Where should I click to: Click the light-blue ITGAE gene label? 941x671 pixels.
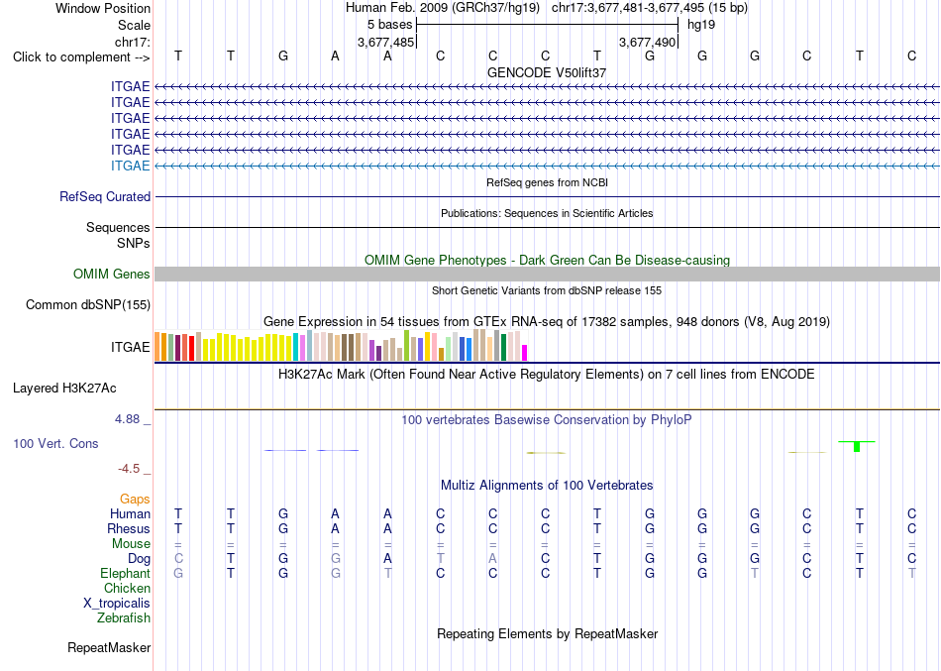click(x=130, y=166)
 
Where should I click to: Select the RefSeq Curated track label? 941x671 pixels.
click(x=105, y=196)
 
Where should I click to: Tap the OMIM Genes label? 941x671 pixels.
click(x=112, y=274)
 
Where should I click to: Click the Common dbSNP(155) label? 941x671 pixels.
click(x=88, y=304)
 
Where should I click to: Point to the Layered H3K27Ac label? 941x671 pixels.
click(x=64, y=389)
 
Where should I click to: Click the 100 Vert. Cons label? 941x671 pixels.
click(x=55, y=443)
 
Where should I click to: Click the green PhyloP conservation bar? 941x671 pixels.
click(x=857, y=446)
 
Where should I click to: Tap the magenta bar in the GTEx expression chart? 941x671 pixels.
click(x=525, y=353)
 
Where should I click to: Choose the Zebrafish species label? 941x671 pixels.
click(x=124, y=617)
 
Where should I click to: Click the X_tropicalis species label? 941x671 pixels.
click(x=117, y=604)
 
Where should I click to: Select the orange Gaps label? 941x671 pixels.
click(x=135, y=500)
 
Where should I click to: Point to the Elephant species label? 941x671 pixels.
click(x=125, y=573)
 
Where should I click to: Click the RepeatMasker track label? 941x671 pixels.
click(x=109, y=647)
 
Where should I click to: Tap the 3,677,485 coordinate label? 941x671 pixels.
click(x=385, y=42)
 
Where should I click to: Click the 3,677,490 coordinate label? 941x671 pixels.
click(x=648, y=42)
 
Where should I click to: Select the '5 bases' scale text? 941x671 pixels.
click(x=390, y=25)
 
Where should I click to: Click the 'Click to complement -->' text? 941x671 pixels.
click(x=81, y=57)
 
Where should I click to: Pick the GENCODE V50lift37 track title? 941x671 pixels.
click(x=547, y=72)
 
